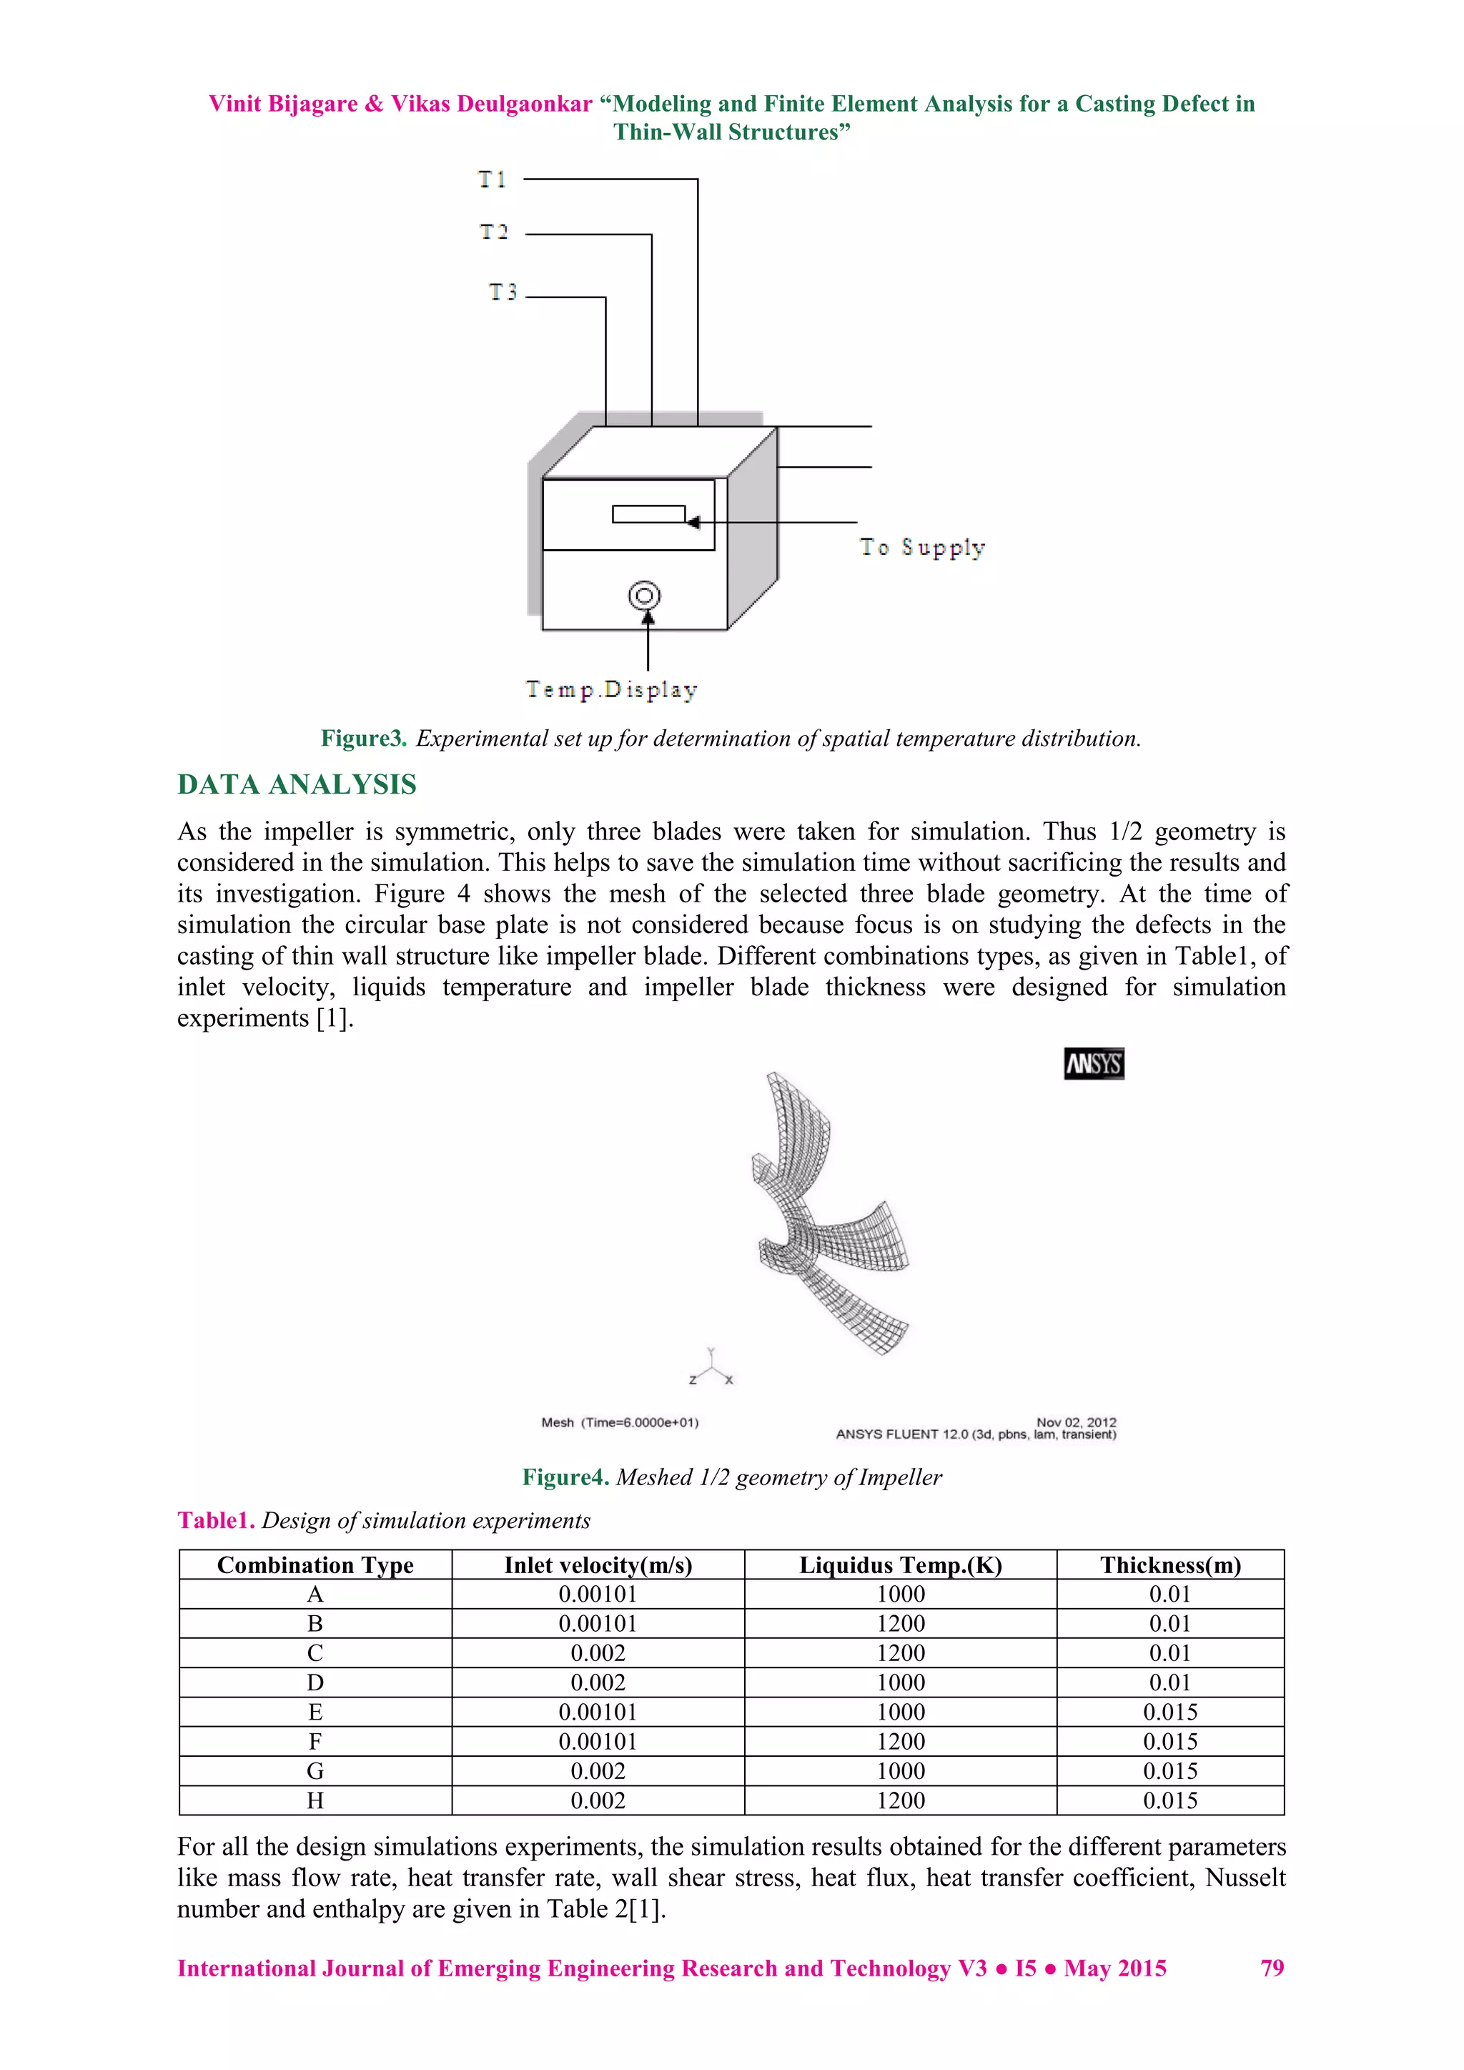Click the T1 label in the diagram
pyautogui.click(x=493, y=179)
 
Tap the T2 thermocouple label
pyautogui.click(x=494, y=232)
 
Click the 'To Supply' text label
pyautogui.click(x=922, y=547)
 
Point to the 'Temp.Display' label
pyautogui.click(x=612, y=690)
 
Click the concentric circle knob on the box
pyautogui.click(x=645, y=596)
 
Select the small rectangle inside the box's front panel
pyautogui.click(x=648, y=514)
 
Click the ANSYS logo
pyautogui.click(x=1094, y=1064)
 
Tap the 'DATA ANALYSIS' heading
pyautogui.click(x=297, y=784)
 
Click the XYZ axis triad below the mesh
pyautogui.click(x=711, y=1368)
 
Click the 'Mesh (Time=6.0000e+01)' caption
pyautogui.click(x=619, y=1423)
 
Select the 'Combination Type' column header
pyautogui.click(x=315, y=1565)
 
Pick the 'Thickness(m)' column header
pyautogui.click(x=1169, y=1565)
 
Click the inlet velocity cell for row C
pyautogui.click(x=598, y=1653)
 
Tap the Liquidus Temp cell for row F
pyautogui.click(x=901, y=1742)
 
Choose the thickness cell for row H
pyautogui.click(x=1169, y=1800)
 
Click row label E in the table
pyautogui.click(x=315, y=1712)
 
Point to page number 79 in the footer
pyautogui.click(x=1271, y=1968)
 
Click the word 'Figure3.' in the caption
pyautogui.click(x=364, y=739)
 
